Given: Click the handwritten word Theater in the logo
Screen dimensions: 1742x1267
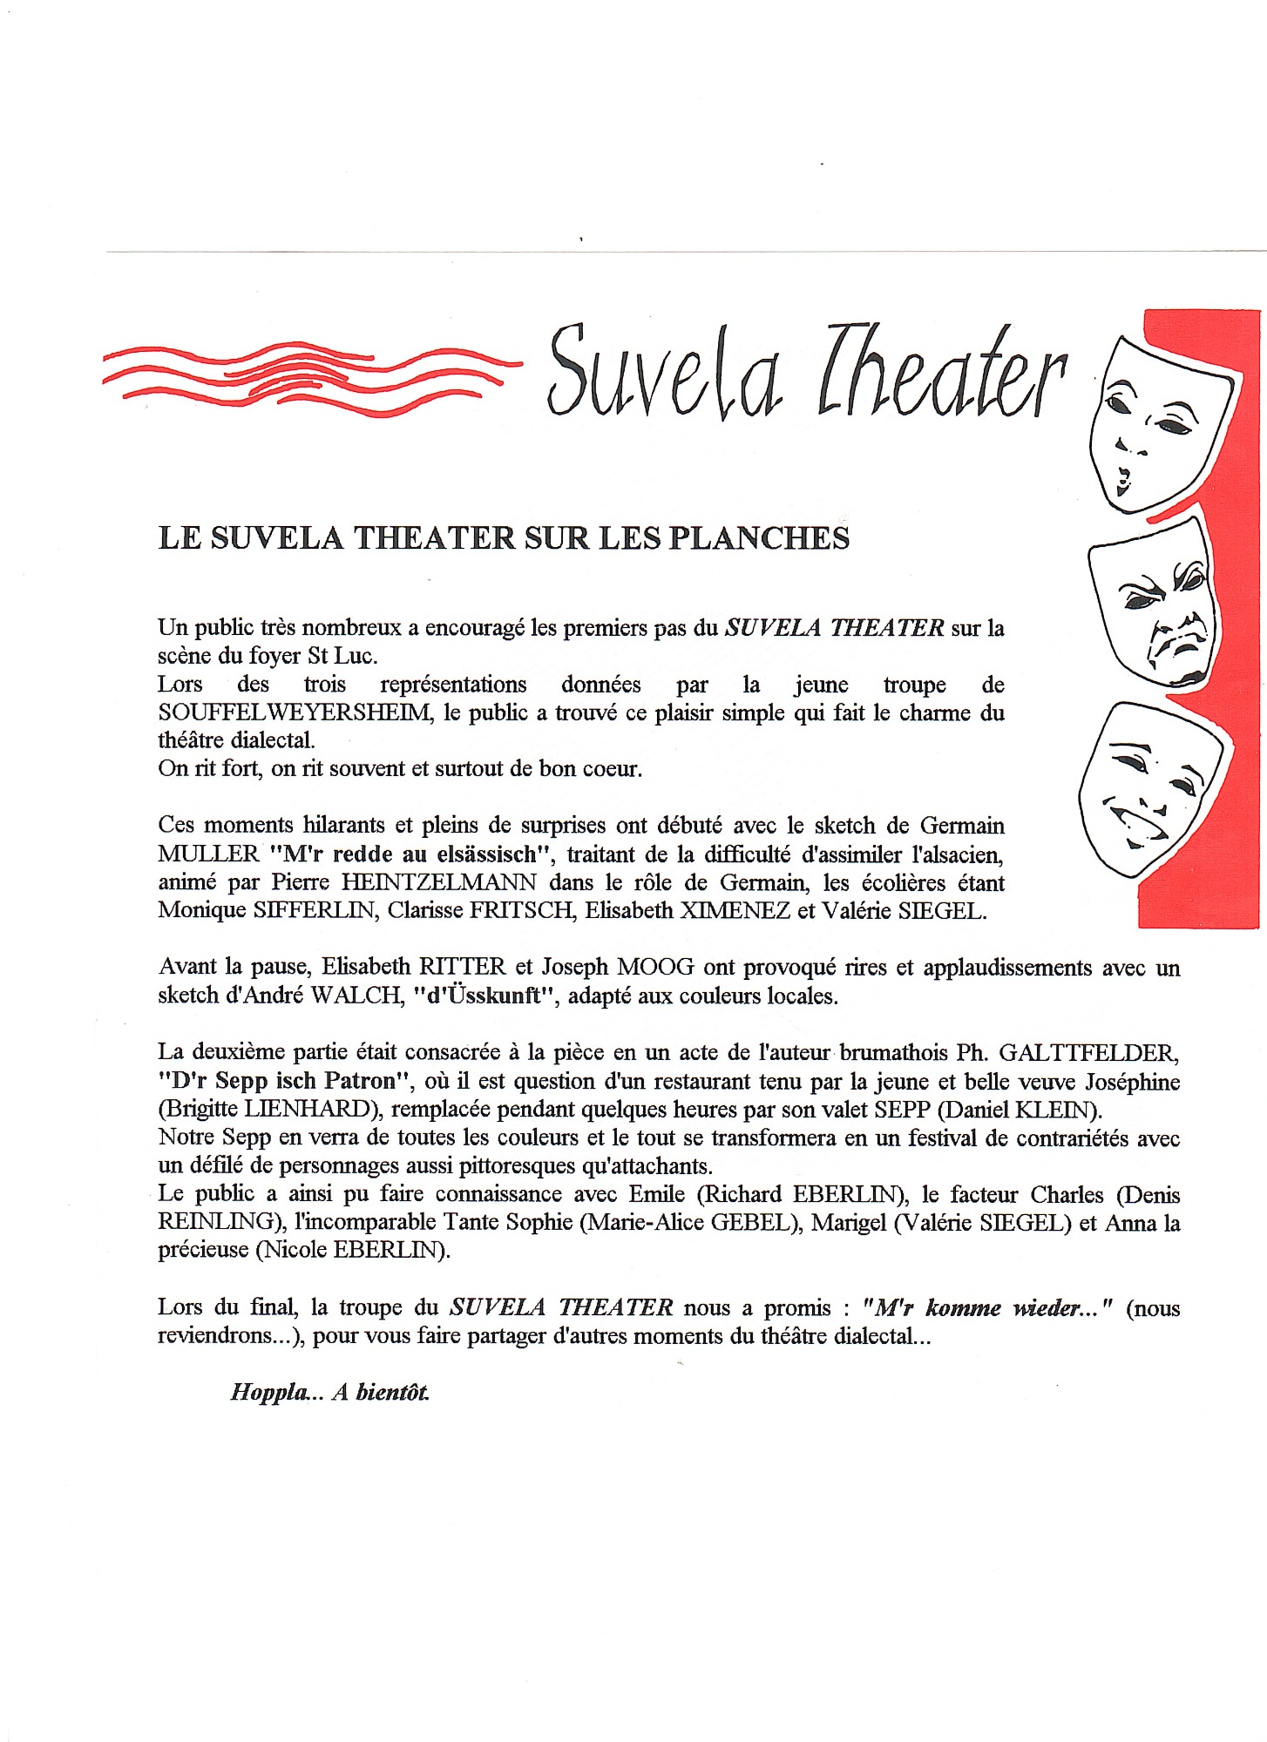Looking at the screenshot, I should (x=941, y=375).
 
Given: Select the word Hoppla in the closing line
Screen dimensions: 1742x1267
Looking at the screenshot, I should (x=268, y=1392).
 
